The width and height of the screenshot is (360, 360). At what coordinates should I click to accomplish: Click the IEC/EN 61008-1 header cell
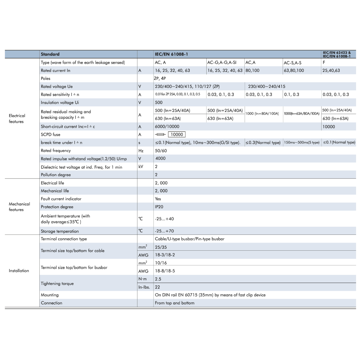[x=171, y=54]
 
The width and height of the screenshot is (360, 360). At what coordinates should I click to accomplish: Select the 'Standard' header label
[x=50, y=54]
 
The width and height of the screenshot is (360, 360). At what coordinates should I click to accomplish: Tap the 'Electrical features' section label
[x=17, y=118]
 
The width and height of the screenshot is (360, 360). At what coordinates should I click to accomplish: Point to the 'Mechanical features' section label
[x=19, y=207]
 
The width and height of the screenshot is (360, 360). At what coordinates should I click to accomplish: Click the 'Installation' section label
[x=19, y=271]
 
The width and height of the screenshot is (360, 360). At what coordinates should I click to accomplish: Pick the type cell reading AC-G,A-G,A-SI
[x=221, y=63]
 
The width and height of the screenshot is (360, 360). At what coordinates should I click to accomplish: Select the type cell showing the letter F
[x=324, y=63]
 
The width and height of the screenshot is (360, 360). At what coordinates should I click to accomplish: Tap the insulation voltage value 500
[x=159, y=103]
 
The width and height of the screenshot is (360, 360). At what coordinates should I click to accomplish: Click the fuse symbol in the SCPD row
[x=160, y=135]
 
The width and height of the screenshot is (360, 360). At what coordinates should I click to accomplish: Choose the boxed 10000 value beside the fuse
[x=176, y=135]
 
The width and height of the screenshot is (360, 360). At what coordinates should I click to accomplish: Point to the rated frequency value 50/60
[x=161, y=150]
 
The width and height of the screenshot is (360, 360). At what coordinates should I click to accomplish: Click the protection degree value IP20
[x=159, y=207]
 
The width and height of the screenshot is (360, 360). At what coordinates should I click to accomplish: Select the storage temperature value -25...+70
[x=164, y=231]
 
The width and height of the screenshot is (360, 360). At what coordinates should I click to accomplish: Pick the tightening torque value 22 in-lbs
[x=157, y=287]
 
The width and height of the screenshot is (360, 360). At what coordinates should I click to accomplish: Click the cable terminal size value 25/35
[x=161, y=247]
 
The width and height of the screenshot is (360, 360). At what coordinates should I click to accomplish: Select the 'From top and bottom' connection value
[x=174, y=303]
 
